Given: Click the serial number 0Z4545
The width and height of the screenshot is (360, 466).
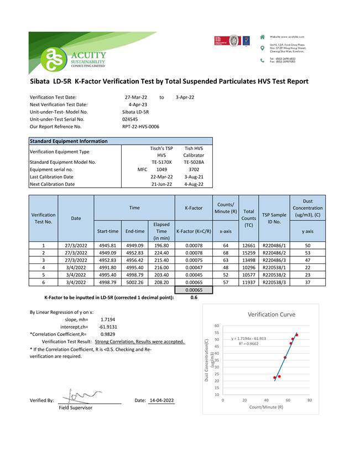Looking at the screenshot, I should pos(130,119).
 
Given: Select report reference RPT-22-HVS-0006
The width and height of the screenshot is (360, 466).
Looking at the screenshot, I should pos(140,126).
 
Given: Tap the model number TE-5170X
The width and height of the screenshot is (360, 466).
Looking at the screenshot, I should pos(162,162).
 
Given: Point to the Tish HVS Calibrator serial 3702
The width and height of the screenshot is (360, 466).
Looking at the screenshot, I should pos(194,169).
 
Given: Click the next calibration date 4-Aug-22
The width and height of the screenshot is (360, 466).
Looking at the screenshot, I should pos(194,184).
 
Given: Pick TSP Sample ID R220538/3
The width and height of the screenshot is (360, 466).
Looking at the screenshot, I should pos(274,282).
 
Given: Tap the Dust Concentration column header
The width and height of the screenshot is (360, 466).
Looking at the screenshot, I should pos(308,208).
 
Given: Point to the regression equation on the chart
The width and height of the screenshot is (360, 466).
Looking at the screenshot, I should pos(249,338).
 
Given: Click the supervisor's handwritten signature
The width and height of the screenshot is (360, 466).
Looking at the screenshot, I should pos(80,395).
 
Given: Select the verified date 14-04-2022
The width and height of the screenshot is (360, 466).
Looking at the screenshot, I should pos(161,400).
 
